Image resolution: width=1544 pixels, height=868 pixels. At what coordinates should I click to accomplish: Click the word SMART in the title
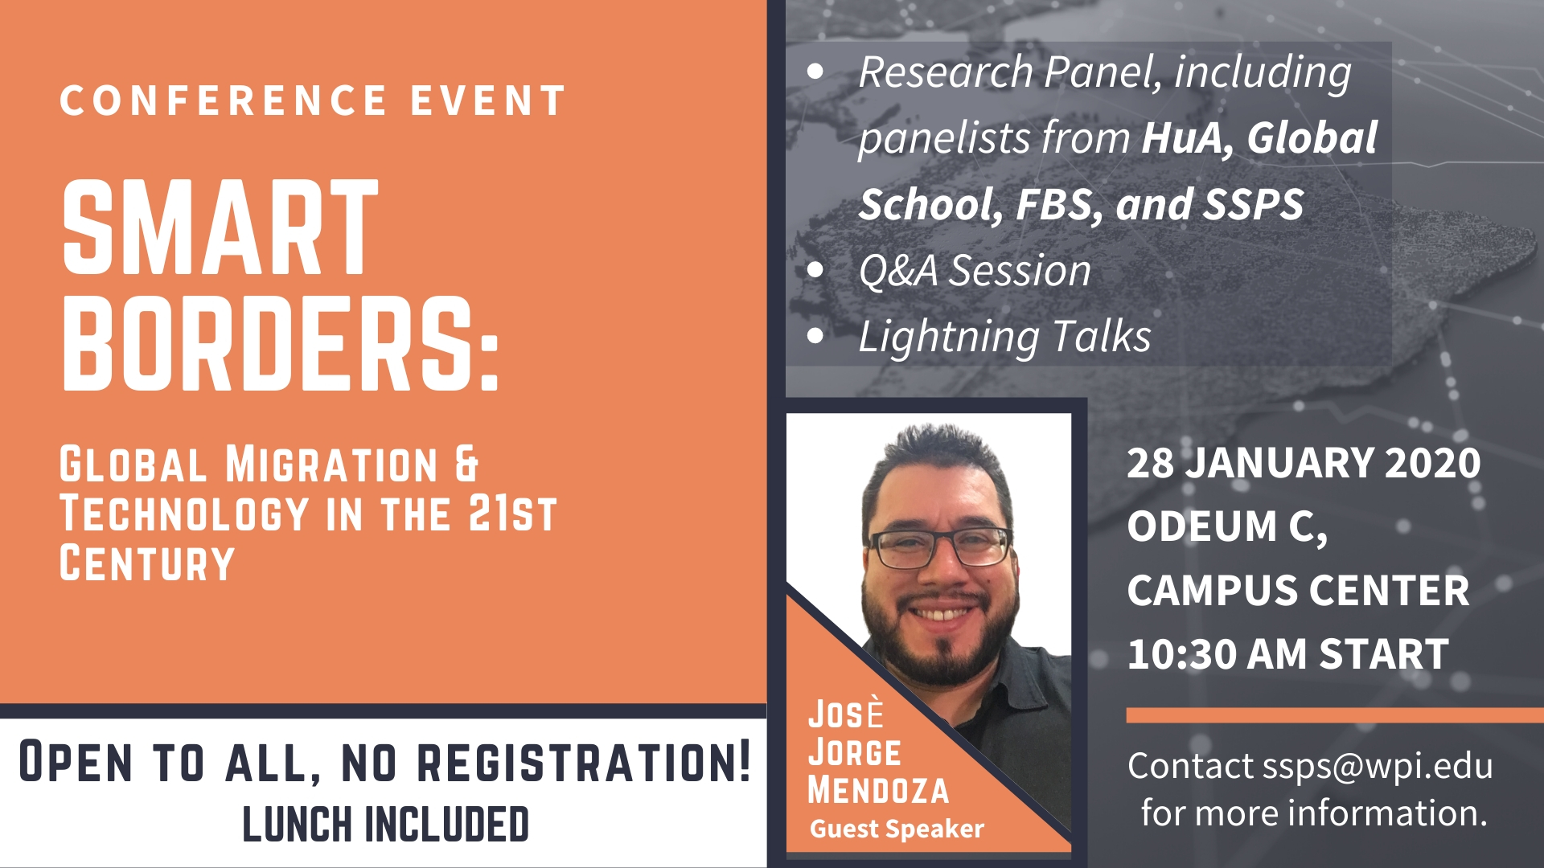[x=220, y=227]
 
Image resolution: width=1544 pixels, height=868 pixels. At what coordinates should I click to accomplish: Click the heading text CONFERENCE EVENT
[x=313, y=101]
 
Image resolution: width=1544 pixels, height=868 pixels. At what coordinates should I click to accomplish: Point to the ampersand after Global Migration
[x=467, y=465]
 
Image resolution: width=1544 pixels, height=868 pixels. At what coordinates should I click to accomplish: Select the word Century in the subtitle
[x=147, y=563]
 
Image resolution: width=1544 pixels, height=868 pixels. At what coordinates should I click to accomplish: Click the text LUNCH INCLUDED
[x=385, y=824]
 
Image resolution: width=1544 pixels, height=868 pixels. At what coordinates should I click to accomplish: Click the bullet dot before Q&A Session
[x=815, y=270]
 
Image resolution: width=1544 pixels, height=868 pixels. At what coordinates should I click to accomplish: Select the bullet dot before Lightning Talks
[x=815, y=336]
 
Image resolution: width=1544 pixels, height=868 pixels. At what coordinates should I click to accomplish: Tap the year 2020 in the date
[x=1432, y=463]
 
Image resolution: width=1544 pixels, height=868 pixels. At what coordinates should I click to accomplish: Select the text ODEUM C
[x=1226, y=527]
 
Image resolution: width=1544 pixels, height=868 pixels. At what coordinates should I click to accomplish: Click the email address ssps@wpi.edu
[x=1378, y=767]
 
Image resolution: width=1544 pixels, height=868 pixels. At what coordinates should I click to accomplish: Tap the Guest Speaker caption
[x=897, y=829]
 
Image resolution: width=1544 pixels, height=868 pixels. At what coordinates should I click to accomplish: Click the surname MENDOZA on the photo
[x=878, y=790]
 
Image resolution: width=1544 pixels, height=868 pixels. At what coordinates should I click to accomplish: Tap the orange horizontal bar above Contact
[x=1335, y=715]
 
